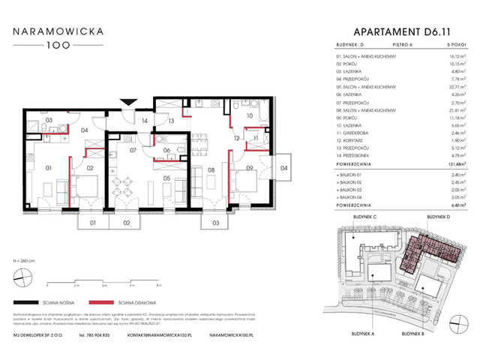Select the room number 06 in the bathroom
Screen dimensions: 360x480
click(166, 150)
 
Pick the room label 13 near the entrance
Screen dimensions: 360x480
click(171, 120)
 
